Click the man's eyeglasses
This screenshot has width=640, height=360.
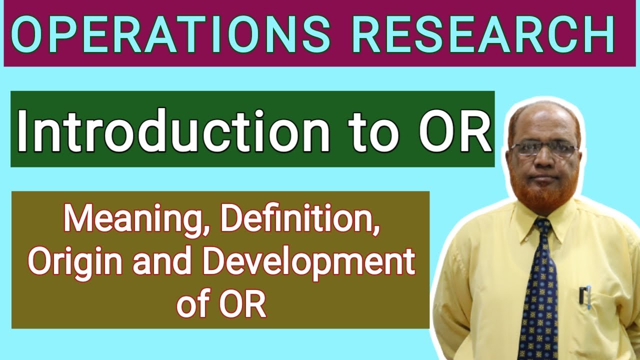[x=543, y=149]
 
